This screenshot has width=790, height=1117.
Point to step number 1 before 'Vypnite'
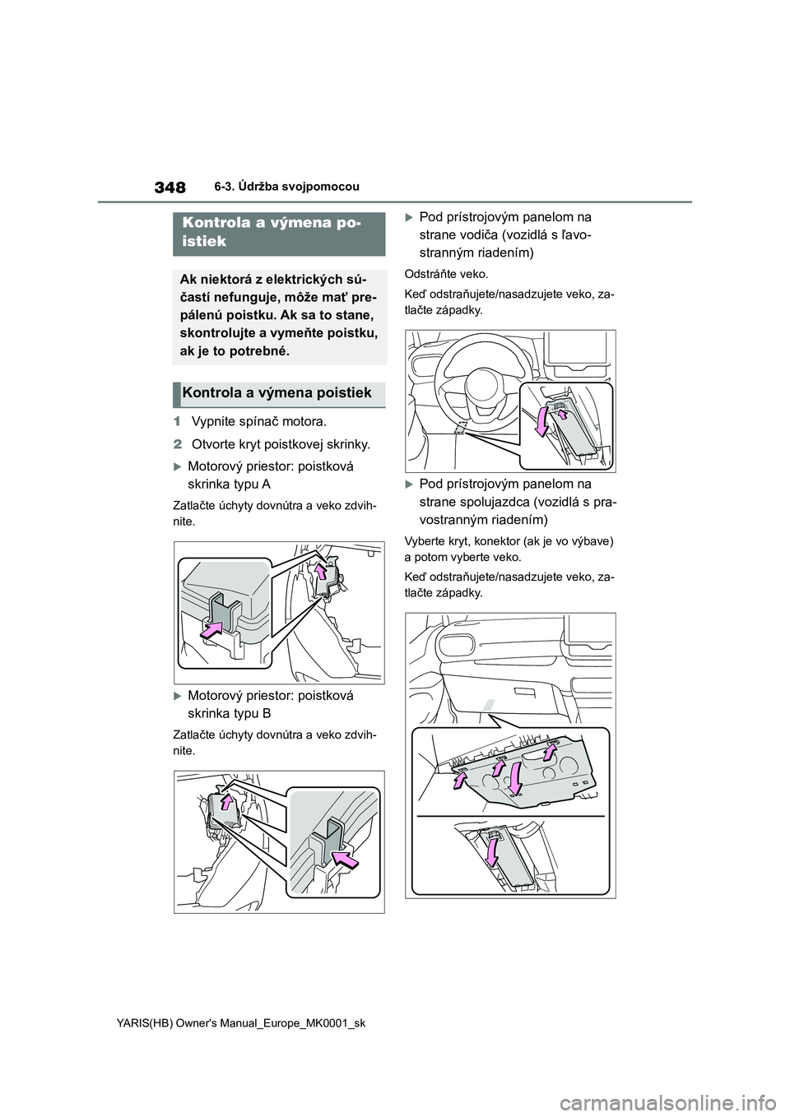pyautogui.click(x=178, y=423)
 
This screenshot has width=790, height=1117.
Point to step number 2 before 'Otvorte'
pyautogui.click(x=178, y=445)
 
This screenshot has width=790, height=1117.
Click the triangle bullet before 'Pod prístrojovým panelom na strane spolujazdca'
pyautogui.click(x=410, y=484)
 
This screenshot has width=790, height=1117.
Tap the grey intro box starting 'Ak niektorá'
pyautogui.click(x=280, y=316)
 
